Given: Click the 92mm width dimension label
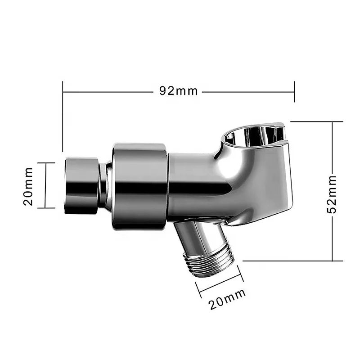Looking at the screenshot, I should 178,91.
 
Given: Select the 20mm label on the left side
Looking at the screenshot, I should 28,185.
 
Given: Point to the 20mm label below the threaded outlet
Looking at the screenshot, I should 227,299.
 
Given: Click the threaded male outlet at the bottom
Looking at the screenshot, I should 210,266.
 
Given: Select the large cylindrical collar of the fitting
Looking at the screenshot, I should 139,186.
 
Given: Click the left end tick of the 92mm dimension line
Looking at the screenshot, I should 63,92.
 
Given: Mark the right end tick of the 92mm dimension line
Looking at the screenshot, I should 294,92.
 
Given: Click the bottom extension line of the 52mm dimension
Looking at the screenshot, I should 292,261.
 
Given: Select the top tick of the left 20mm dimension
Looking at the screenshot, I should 46,163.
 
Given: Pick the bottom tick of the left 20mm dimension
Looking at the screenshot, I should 46,208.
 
